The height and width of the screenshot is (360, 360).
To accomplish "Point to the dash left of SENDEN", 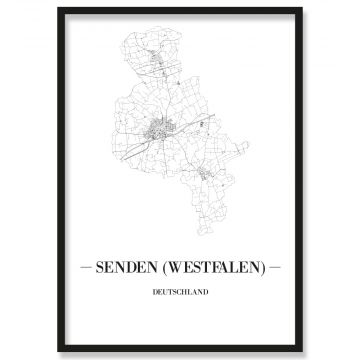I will pyautogui.click(x=83, y=267).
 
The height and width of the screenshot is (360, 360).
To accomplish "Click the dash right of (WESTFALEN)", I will pyautogui.click(x=276, y=267).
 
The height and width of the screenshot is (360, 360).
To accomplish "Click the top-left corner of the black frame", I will pyautogui.click(x=59, y=9).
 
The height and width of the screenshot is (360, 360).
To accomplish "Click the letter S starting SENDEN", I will pyautogui.click(x=98, y=267).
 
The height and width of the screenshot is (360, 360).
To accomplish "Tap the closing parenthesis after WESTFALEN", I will pyautogui.click(x=262, y=267).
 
